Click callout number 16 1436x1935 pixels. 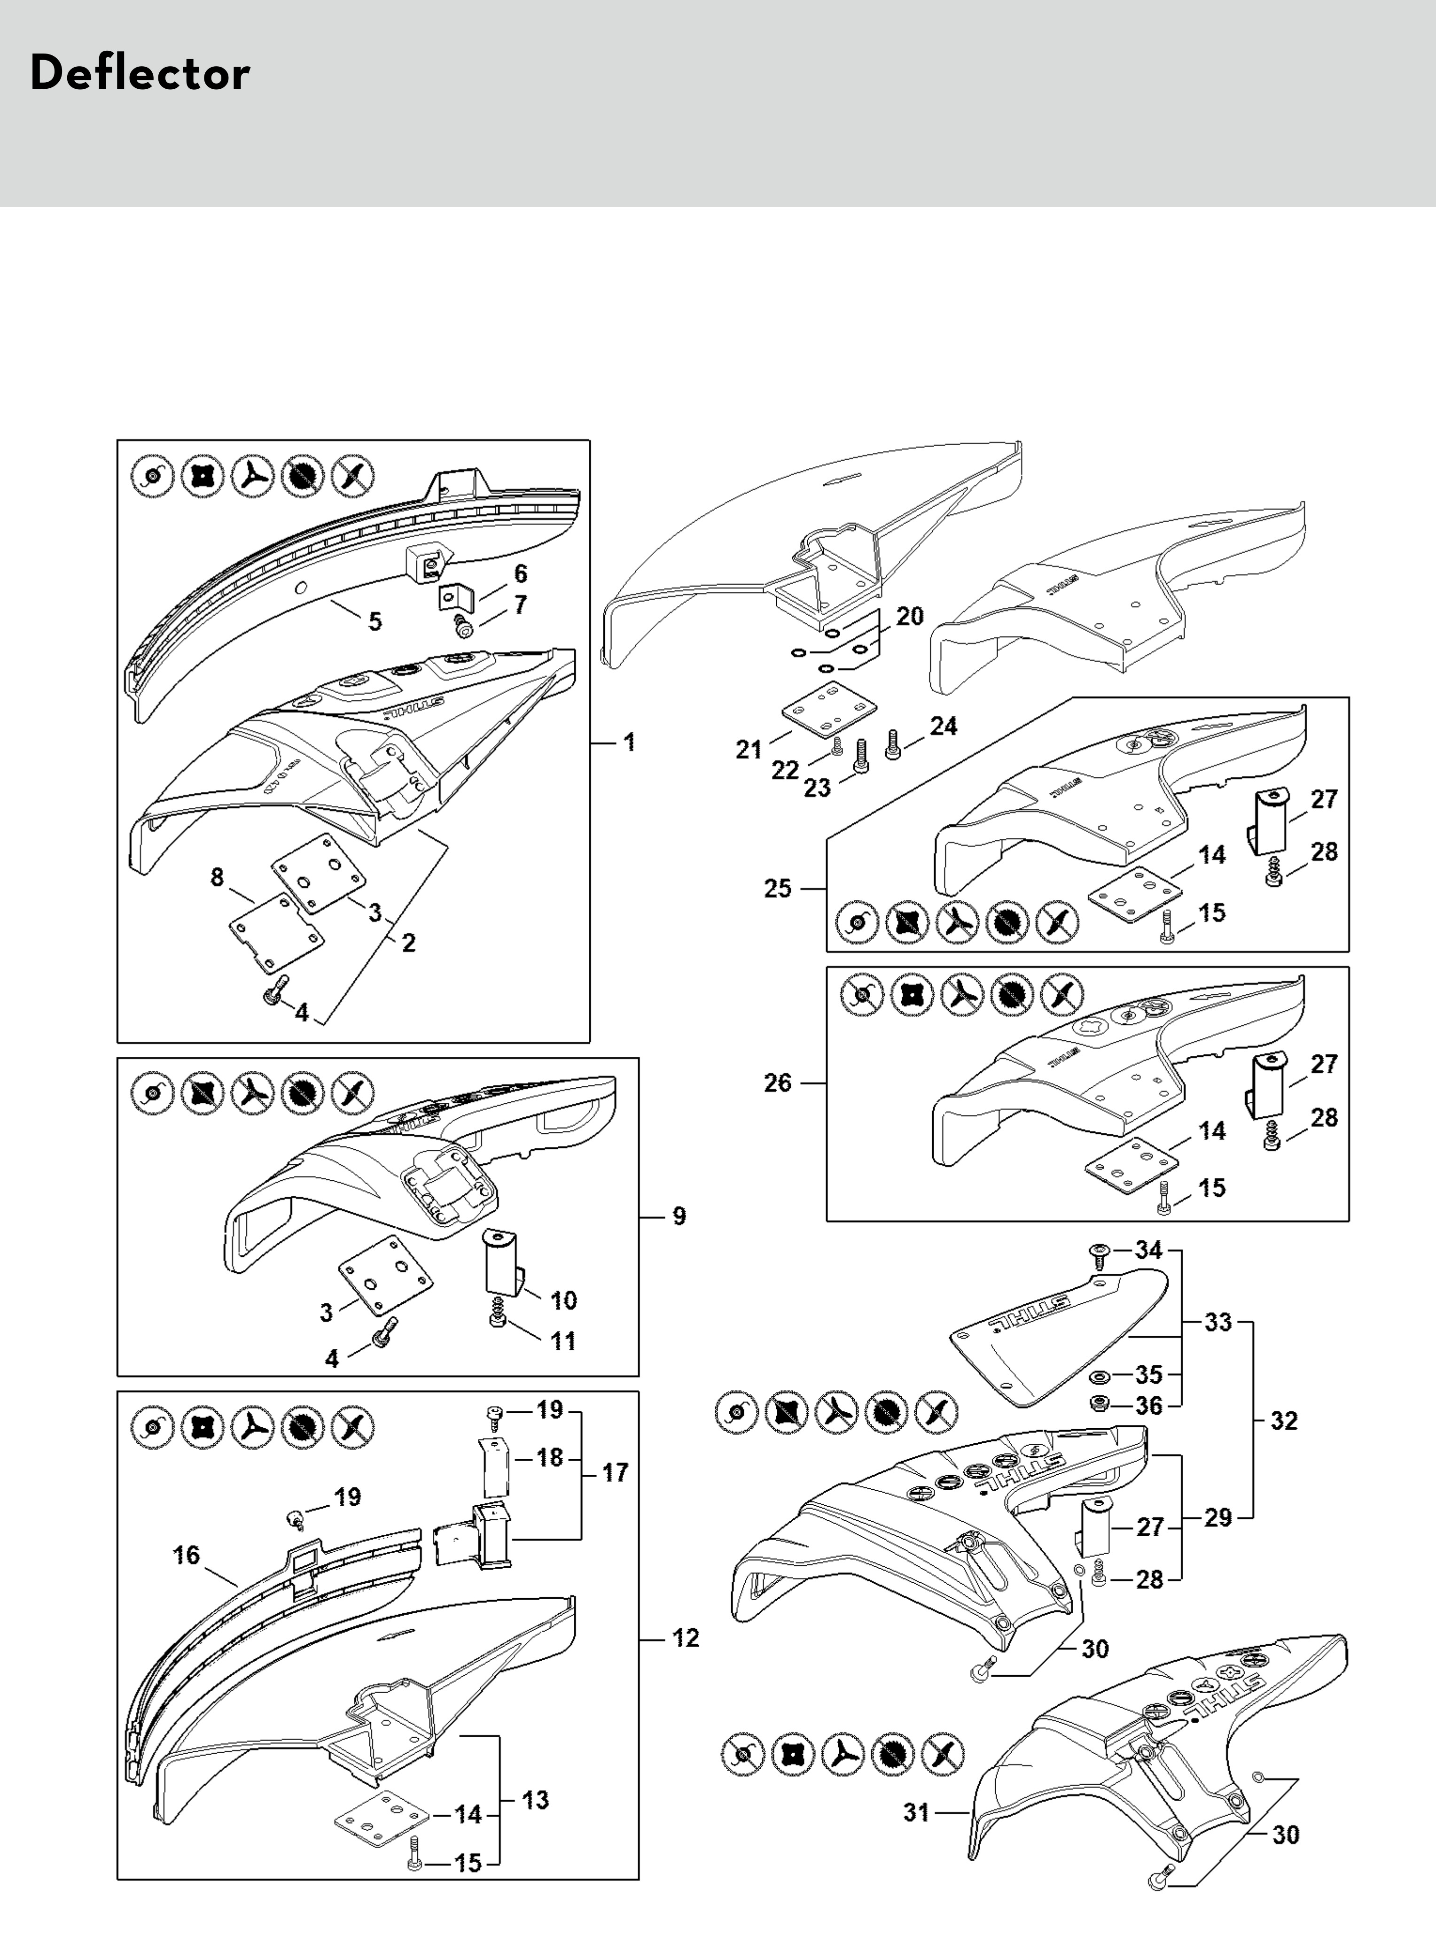click(x=186, y=1555)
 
